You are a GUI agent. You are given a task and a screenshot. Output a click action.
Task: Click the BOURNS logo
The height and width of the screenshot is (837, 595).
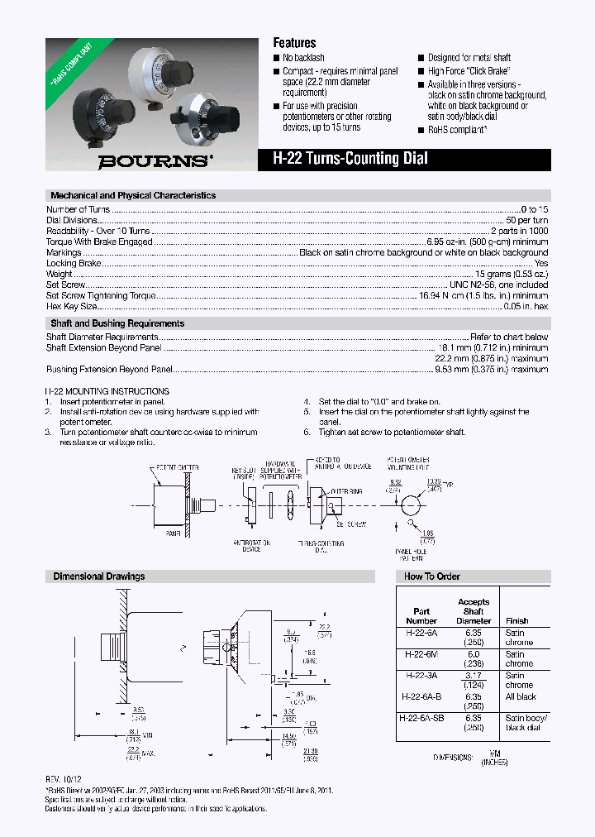click(155, 162)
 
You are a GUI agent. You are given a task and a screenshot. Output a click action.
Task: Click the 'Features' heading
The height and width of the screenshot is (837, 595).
click(294, 43)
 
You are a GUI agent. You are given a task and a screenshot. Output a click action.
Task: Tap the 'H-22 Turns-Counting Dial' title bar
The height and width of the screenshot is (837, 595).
click(350, 160)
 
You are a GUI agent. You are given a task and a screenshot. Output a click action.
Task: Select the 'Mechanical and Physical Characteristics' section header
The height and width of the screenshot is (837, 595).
click(133, 196)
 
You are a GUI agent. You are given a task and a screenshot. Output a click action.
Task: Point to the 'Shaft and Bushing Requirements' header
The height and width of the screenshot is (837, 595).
click(117, 323)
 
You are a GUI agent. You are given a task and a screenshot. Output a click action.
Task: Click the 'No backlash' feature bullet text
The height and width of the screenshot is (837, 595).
click(303, 58)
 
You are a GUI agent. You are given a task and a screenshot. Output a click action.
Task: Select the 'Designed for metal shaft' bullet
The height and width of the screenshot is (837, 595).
click(469, 58)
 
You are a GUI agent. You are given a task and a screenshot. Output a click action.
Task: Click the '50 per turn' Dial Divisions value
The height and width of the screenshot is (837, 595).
click(526, 221)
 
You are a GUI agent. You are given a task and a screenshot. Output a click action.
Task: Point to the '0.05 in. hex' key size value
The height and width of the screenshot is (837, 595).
click(526, 306)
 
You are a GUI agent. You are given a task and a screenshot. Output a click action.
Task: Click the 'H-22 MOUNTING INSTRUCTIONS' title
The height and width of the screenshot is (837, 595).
click(107, 391)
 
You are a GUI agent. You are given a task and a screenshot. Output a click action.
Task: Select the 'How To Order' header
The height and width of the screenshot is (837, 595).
click(431, 576)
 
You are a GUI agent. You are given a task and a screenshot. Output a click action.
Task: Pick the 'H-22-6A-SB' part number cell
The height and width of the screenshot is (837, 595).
click(421, 718)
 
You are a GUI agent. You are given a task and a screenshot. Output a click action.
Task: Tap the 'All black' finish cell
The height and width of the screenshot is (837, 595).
click(521, 697)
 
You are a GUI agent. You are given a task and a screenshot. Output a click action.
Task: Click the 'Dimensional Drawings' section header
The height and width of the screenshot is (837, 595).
click(99, 576)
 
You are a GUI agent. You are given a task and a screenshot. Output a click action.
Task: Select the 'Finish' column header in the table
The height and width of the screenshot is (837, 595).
click(516, 620)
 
